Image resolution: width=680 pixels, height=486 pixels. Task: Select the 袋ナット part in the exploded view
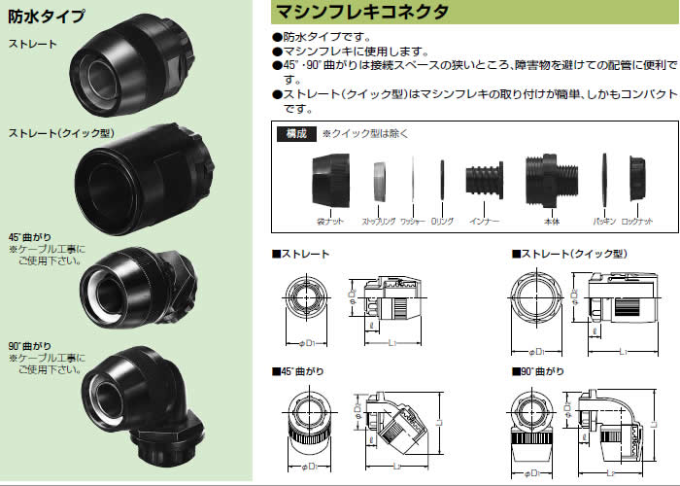click(x=328, y=181)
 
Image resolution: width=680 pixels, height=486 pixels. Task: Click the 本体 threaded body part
click(x=550, y=182)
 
